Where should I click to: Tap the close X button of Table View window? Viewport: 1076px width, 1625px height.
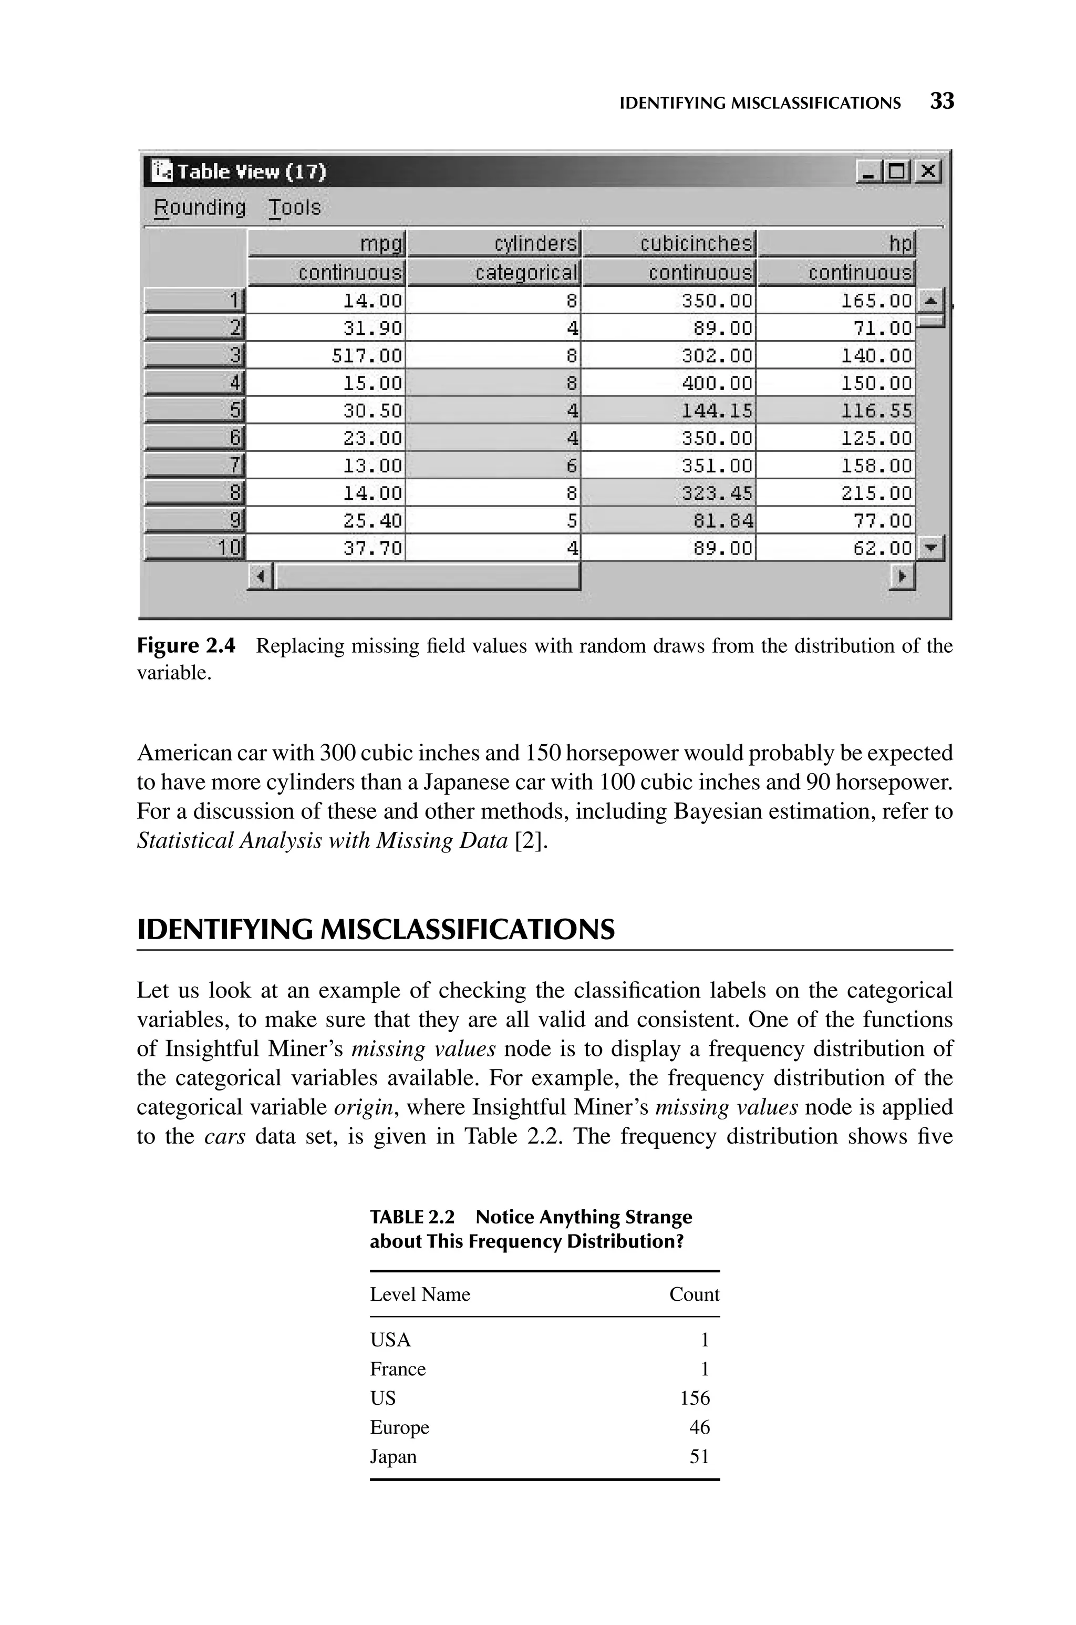click(x=928, y=170)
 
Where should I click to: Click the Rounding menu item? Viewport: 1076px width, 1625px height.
click(x=200, y=207)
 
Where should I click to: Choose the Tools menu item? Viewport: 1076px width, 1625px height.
click(x=294, y=207)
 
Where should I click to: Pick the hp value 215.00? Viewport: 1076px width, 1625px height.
click(x=876, y=493)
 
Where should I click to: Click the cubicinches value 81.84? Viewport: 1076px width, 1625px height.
click(x=722, y=521)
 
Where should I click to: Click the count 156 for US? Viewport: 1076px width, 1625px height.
click(x=695, y=1398)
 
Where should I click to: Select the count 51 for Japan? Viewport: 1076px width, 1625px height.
click(x=699, y=1456)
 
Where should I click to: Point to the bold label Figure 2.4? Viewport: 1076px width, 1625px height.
click(x=186, y=646)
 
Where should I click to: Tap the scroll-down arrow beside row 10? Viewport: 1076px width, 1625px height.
click(x=930, y=548)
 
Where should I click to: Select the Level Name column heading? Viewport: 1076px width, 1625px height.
click(x=420, y=1294)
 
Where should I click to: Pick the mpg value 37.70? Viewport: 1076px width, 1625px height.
click(x=373, y=548)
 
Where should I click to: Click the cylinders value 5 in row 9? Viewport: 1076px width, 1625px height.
click(x=572, y=521)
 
